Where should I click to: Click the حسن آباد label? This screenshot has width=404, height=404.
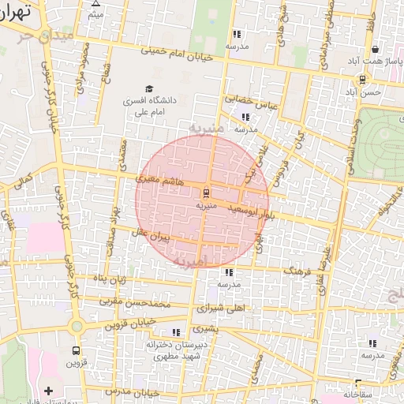click(x=368, y=92)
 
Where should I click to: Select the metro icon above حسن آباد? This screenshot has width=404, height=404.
click(x=362, y=79)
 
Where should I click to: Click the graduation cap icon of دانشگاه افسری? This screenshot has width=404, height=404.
click(x=148, y=88)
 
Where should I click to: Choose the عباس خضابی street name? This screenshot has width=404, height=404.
click(x=247, y=99)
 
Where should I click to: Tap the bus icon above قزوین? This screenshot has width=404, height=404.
click(x=76, y=350)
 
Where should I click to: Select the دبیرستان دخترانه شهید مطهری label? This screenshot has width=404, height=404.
click(x=174, y=351)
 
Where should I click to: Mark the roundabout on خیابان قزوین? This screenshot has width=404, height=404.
click(x=76, y=326)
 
